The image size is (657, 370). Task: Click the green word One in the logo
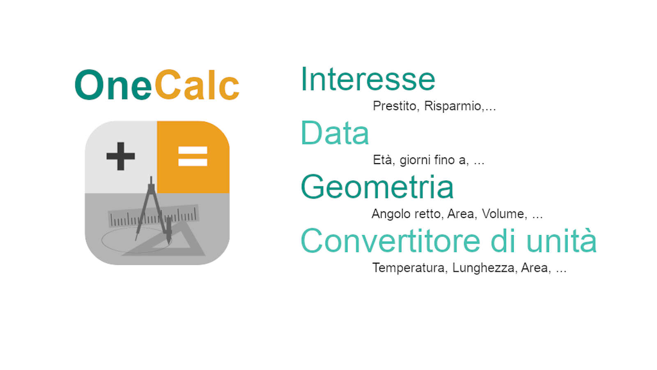113,85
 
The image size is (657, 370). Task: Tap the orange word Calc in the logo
197,85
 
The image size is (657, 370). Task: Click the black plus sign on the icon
121,156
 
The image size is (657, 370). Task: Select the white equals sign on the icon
193,156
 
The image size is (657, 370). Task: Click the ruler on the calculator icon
154,216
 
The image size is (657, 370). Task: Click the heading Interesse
368,79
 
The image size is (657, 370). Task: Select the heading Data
335,133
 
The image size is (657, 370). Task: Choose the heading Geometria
377,187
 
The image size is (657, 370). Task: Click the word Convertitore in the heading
391,241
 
